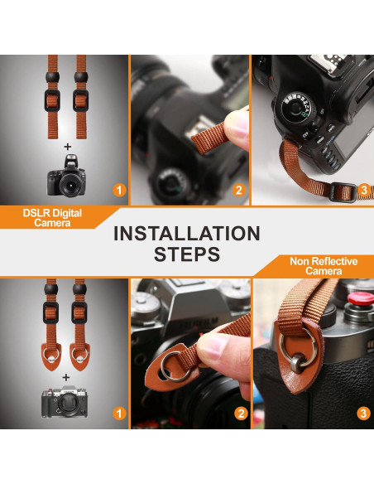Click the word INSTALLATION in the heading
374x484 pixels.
tap(187, 233)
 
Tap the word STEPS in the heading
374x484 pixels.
tap(187, 254)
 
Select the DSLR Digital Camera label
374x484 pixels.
tap(52, 218)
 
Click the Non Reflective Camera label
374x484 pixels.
tap(324, 266)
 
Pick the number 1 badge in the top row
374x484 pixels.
tap(119, 190)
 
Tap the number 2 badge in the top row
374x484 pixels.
tap(239, 190)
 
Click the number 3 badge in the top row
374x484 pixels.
tap(363, 190)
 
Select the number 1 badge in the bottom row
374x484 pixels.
tap(119, 413)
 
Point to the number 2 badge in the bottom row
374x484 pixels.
tap(241, 413)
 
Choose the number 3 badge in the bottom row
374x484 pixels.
tap(363, 413)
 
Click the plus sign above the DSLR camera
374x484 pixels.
tap(68, 147)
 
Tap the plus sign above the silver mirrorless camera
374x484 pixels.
tap(65, 377)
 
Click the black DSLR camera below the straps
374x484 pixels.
tap(67, 176)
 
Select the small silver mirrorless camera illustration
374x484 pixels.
tap(65, 402)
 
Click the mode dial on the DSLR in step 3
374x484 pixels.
tap(296, 107)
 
